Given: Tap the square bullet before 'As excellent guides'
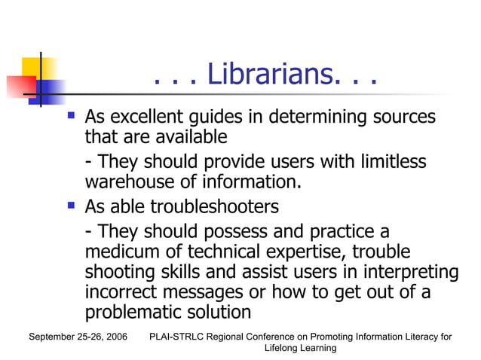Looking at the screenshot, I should coord(71,116).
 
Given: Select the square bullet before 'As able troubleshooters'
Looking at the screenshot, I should coord(71,204).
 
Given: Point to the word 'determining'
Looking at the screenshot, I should coord(323,117).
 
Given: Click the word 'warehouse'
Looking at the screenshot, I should coord(129,182).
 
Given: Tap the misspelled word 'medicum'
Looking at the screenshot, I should coord(121,251).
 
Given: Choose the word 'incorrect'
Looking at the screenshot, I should coord(121,291).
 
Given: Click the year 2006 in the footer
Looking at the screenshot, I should coord(114,337).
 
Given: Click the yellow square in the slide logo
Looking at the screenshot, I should coord(39,68).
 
